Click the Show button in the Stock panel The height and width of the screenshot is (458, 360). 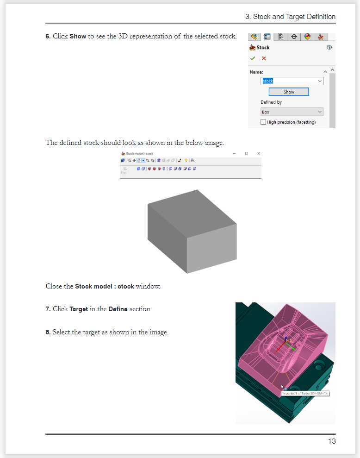point(289,92)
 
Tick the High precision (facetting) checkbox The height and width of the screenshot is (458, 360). point(263,122)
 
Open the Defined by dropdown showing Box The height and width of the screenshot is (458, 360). point(292,112)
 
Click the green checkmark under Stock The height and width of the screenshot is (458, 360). point(253,59)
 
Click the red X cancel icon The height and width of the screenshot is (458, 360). point(264,59)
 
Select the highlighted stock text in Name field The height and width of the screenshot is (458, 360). point(268,81)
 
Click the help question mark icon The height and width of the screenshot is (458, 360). point(329,47)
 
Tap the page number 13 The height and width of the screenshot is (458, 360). point(332,441)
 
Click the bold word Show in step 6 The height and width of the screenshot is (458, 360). point(78,36)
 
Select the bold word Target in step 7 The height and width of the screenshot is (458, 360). point(79,309)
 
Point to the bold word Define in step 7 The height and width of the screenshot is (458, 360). point(118,309)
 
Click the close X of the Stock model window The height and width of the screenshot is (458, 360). point(259,153)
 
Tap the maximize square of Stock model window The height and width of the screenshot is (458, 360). point(246,153)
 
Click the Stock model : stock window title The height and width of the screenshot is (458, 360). point(140,153)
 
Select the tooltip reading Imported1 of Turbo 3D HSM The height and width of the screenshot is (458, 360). point(305,394)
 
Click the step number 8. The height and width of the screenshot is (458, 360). point(48,332)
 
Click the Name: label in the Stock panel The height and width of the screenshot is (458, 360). point(256,72)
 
